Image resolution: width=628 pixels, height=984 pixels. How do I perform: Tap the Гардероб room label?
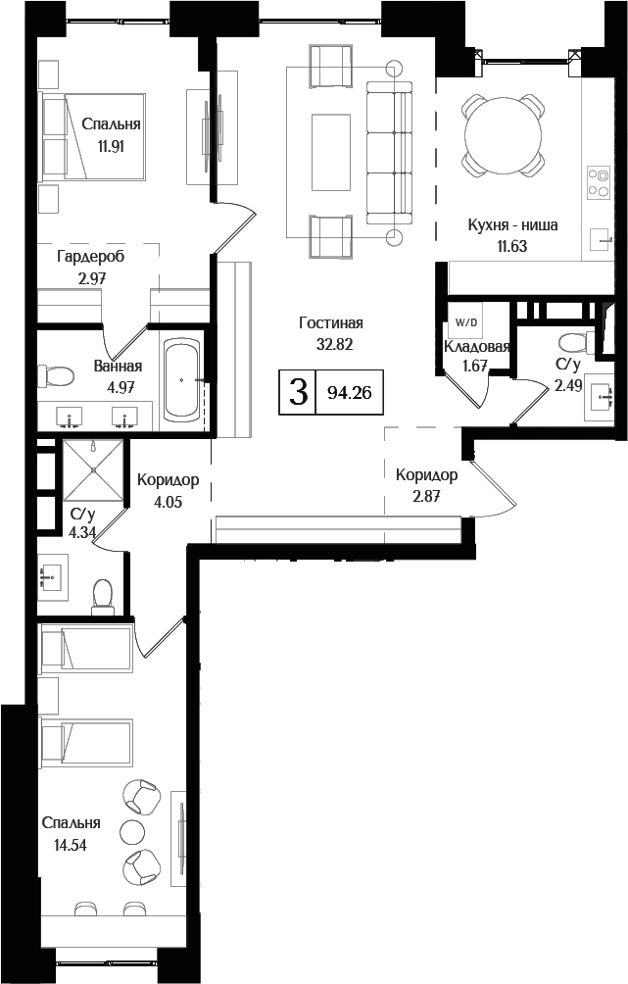click(90, 255)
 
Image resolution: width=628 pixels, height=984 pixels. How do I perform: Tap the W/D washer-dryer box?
click(462, 320)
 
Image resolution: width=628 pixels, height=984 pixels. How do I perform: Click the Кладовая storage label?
click(477, 347)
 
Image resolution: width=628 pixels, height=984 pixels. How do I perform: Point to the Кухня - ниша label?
click(512, 224)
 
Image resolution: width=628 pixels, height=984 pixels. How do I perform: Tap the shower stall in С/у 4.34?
click(94, 470)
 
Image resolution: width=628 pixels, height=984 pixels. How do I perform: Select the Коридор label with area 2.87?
click(426, 475)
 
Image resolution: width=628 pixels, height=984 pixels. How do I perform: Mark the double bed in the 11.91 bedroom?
click(93, 137)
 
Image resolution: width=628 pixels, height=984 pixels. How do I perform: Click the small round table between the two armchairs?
click(131, 831)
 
